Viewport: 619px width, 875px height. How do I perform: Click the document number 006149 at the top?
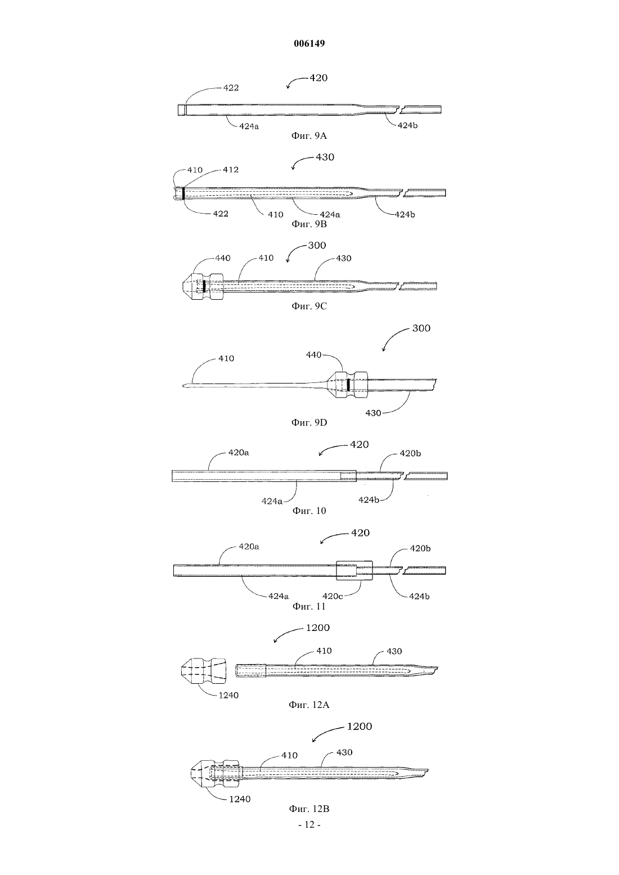coord(309,43)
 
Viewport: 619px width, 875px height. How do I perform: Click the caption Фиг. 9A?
coord(309,136)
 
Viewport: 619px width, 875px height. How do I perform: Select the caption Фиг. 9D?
coord(309,423)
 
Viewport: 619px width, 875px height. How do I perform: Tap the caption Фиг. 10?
coord(309,511)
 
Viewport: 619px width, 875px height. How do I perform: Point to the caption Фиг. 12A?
coord(309,705)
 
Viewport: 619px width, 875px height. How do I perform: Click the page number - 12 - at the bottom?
coord(309,824)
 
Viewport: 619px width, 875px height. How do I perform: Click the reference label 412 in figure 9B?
coord(231,170)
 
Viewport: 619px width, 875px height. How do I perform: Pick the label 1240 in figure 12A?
coord(228,695)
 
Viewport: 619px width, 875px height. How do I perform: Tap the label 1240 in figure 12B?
coord(240,799)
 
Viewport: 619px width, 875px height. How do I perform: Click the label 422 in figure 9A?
coord(231,88)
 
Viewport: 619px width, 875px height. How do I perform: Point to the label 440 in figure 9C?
coord(223,258)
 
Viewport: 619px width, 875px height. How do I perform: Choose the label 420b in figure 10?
coord(410,453)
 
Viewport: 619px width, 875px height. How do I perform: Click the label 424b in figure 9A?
coord(407,125)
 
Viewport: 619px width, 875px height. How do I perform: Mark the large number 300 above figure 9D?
coord(421,328)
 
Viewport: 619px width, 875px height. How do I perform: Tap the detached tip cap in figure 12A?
coord(204,671)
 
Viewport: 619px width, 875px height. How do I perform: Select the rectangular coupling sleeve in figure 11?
coord(355,571)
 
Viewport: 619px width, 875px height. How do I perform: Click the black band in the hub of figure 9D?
coord(348,385)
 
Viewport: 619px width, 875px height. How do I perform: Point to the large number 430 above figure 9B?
coord(325,157)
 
